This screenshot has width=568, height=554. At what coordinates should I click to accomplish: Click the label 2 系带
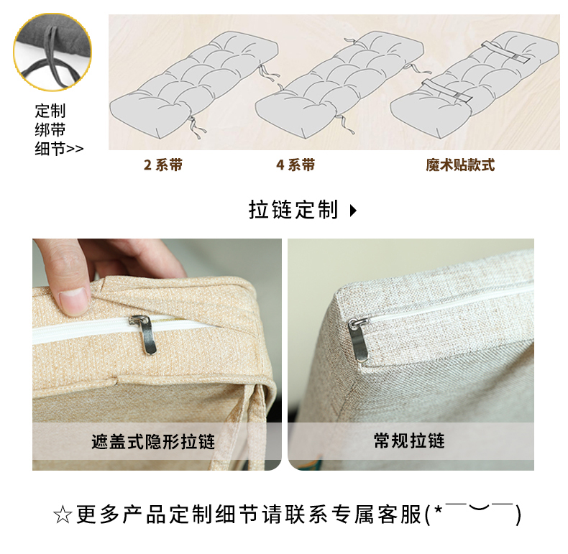pyautogui.click(x=163, y=165)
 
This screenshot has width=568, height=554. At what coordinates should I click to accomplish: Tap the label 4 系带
pyautogui.click(x=296, y=165)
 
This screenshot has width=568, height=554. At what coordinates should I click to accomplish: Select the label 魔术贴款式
pyautogui.click(x=460, y=165)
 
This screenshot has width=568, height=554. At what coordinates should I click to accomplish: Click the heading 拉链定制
pyautogui.click(x=293, y=210)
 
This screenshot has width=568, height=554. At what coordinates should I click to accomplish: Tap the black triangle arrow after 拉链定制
pyautogui.click(x=353, y=211)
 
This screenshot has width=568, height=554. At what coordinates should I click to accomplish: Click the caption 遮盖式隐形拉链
pyautogui.click(x=153, y=442)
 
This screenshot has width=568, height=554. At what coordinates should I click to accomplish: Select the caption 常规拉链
pyautogui.click(x=409, y=441)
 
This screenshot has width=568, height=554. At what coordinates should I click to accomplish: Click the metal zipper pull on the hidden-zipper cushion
pyautogui.click(x=145, y=334)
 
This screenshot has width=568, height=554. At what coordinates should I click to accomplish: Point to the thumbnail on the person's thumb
pyautogui.click(x=75, y=301)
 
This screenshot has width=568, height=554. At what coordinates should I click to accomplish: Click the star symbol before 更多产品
pyautogui.click(x=63, y=515)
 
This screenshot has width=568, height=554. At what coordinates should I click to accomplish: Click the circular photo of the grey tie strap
pyautogui.click(x=52, y=52)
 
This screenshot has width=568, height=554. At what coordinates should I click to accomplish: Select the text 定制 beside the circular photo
pyautogui.click(x=50, y=111)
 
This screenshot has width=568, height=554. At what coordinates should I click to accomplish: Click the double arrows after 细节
pyautogui.click(x=75, y=149)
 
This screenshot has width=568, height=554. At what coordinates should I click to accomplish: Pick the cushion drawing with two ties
pyautogui.click(x=195, y=85)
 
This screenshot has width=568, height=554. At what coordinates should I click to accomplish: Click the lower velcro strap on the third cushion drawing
pyautogui.click(x=447, y=91)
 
